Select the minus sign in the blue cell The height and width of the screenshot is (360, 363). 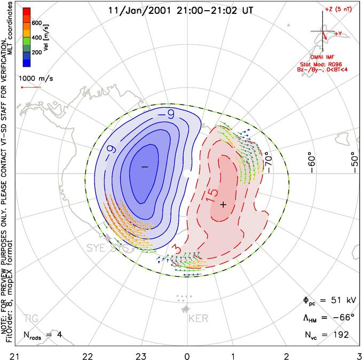pyautogui.click(x=144, y=167)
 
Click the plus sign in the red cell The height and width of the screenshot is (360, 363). pyautogui.click(x=224, y=205)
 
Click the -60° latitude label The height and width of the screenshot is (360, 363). pyautogui.click(x=312, y=161)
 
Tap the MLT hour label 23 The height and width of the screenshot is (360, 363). pyautogui.click(x=141, y=355)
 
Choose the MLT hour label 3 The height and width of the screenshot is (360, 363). pyautogui.click(x=359, y=355)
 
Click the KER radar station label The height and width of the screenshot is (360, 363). pyautogui.click(x=198, y=319)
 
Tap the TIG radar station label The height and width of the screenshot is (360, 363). pyautogui.click(x=31, y=319)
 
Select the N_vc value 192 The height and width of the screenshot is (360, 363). pyautogui.click(x=340, y=334)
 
